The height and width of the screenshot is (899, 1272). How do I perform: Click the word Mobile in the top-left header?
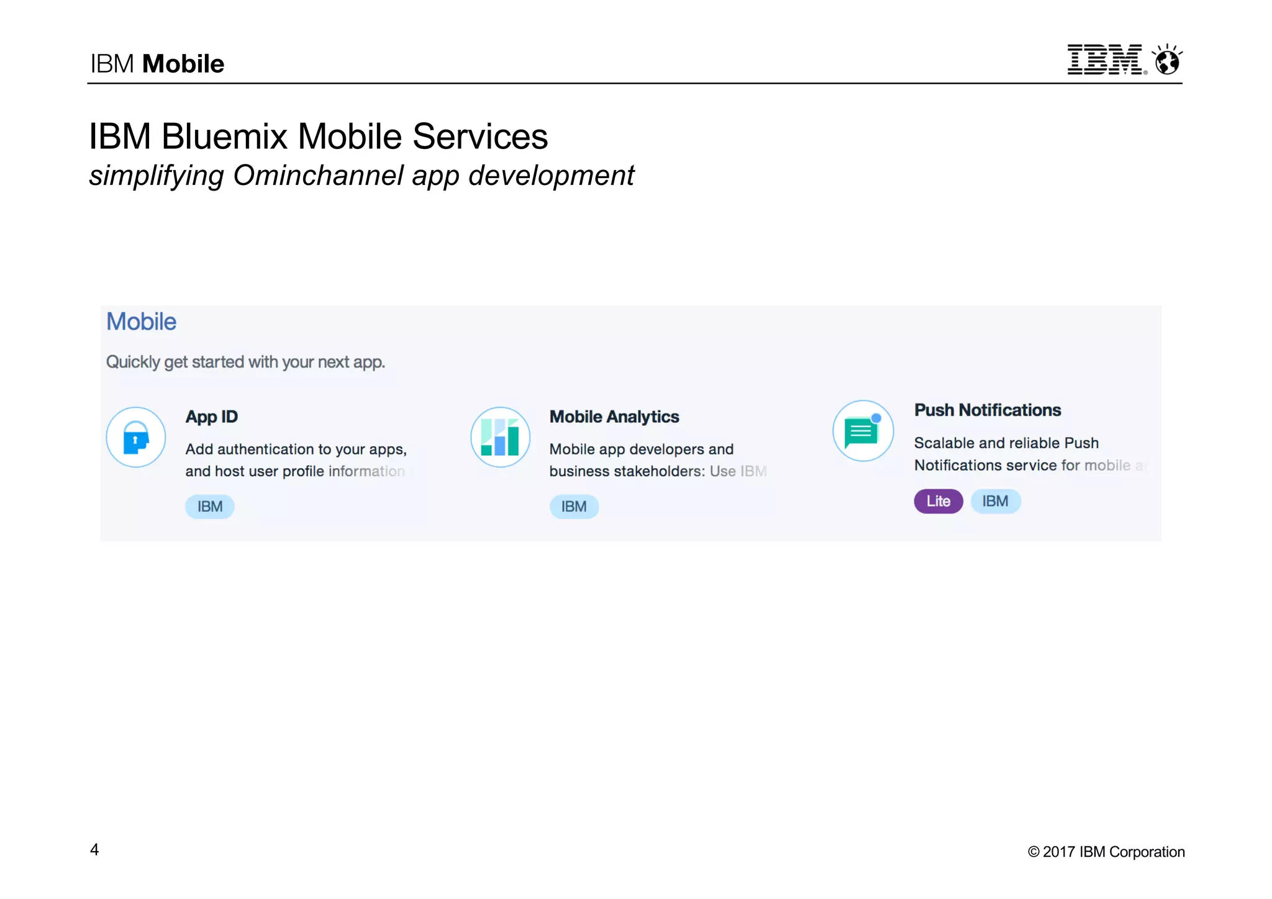[x=183, y=64]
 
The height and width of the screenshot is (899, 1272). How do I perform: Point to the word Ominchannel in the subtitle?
[x=318, y=176]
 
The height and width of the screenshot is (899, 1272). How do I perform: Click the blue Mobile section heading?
[x=141, y=322]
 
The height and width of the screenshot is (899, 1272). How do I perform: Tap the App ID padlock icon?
[x=136, y=437]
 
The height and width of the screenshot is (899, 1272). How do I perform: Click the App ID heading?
[x=211, y=417]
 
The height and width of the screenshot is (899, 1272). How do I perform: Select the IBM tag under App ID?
[x=210, y=507]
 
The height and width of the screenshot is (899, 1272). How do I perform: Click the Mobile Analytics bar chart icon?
[x=500, y=437]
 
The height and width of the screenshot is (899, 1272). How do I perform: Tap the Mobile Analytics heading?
[x=614, y=417]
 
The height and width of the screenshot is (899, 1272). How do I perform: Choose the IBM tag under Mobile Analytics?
[x=574, y=507]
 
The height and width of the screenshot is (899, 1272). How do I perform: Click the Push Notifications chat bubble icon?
[x=862, y=431]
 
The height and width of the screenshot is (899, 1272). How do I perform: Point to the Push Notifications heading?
[x=987, y=410]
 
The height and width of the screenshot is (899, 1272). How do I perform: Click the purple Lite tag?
[x=938, y=501]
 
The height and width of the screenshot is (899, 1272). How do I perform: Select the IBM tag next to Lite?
[x=995, y=501]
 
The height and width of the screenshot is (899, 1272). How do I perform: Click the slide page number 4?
[x=94, y=849]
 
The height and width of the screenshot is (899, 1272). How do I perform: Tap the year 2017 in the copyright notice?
[x=1058, y=852]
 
